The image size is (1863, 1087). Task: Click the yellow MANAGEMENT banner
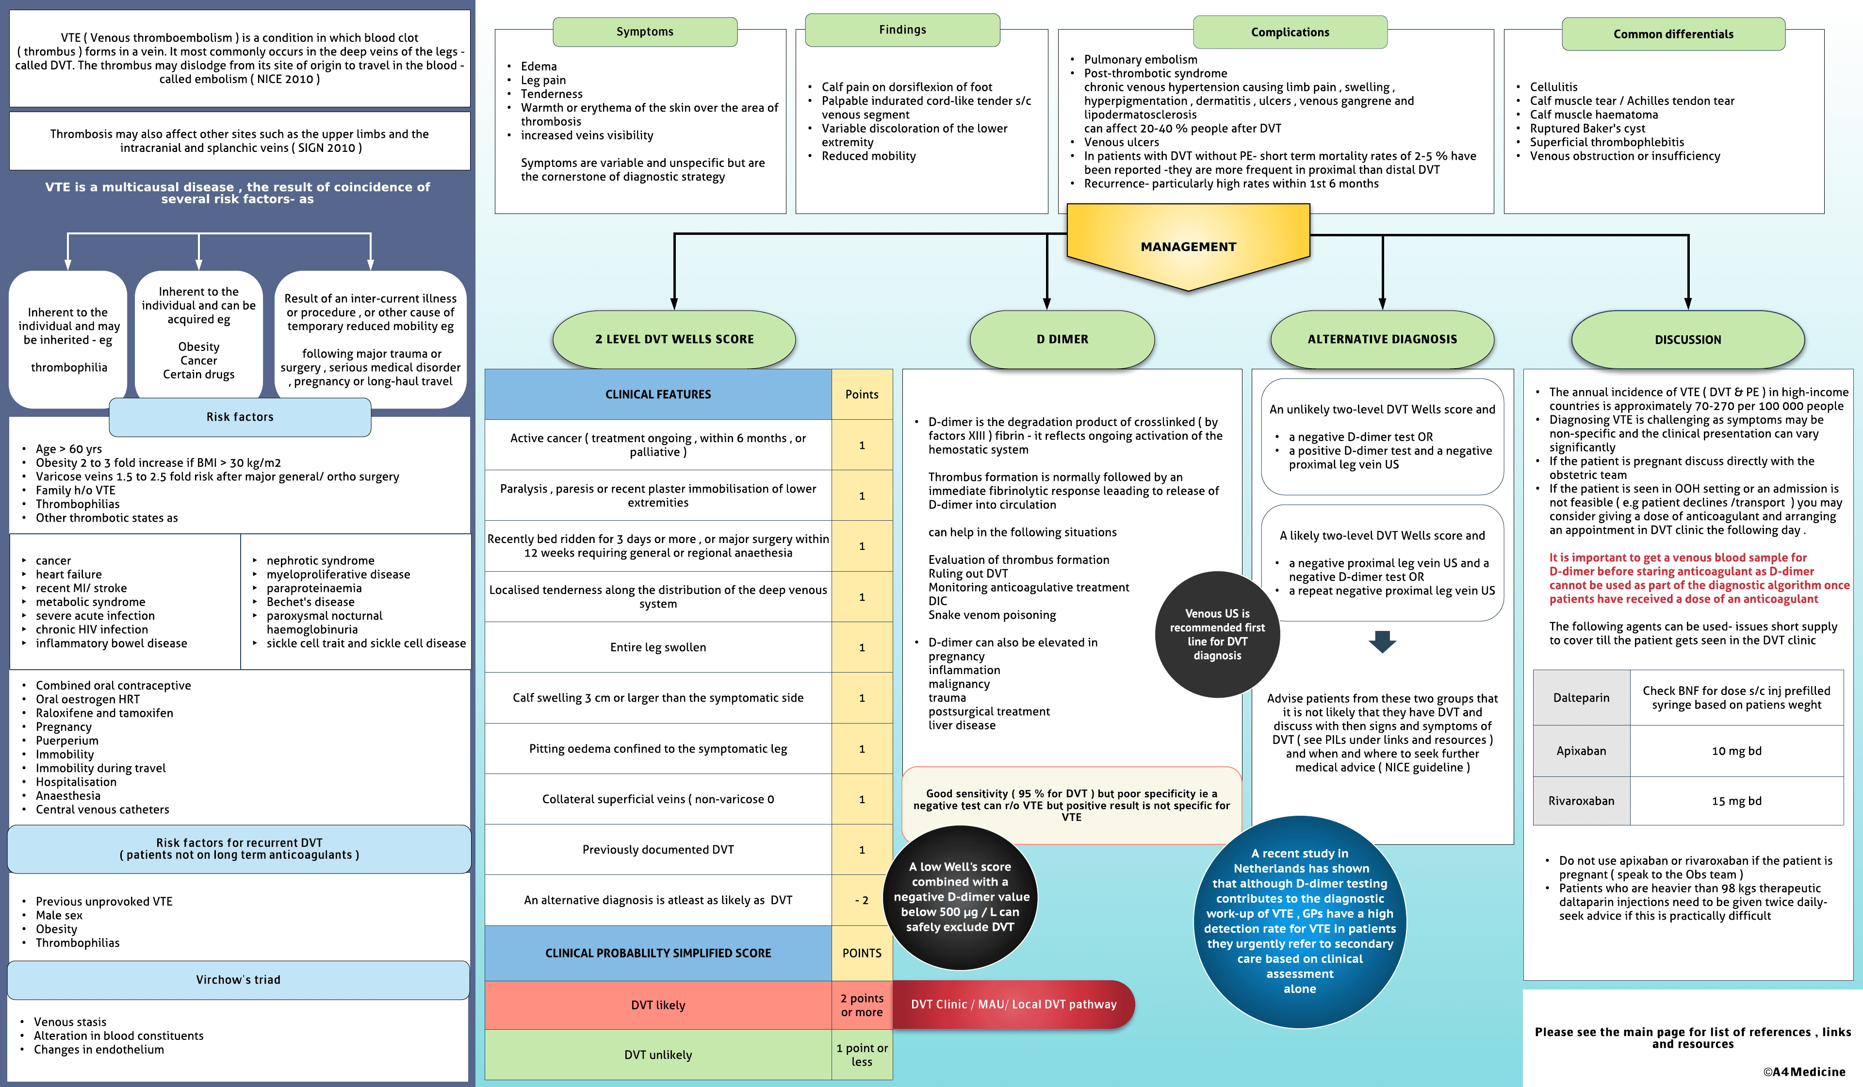[x=1188, y=247]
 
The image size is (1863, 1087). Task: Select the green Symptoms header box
[x=645, y=32]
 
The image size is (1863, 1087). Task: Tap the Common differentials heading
[x=1673, y=34]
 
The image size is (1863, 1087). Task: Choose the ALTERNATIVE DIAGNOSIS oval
[x=1382, y=339]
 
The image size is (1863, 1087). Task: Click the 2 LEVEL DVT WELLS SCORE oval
[x=674, y=339]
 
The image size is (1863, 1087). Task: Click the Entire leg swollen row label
[x=658, y=647]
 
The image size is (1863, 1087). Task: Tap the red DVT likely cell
[x=658, y=1005]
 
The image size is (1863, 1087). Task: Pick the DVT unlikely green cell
[x=658, y=1054]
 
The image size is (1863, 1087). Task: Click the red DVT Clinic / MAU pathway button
[x=1013, y=1004]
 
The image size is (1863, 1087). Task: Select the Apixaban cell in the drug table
[x=1581, y=751]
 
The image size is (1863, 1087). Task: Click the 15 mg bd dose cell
[x=1736, y=801]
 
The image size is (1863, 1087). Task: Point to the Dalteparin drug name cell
[x=1581, y=697]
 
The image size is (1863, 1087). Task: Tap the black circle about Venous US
[x=1217, y=634]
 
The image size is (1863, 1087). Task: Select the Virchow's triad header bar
[x=238, y=980]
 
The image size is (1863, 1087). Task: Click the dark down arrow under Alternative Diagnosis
[x=1382, y=641]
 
